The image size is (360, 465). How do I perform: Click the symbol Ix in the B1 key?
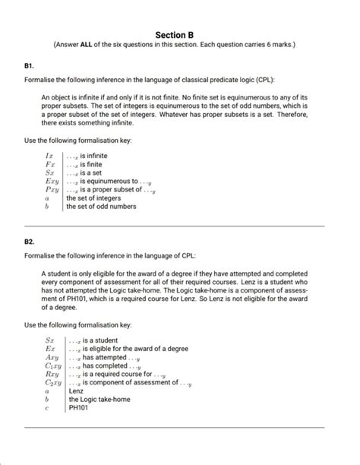(50, 155)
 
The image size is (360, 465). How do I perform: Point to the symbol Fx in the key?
(50, 163)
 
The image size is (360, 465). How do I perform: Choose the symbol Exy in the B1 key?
(51, 182)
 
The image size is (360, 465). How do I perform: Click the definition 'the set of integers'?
(93, 198)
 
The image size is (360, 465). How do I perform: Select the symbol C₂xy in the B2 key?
(52, 382)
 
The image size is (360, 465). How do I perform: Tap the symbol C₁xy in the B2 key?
(52, 365)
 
